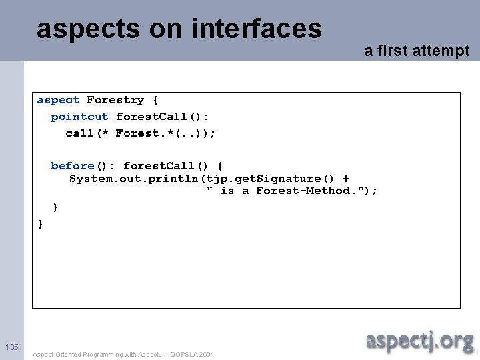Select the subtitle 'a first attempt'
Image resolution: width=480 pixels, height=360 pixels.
(417, 51)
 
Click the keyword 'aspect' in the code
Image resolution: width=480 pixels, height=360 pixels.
(58, 100)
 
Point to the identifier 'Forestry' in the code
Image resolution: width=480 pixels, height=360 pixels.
(115, 100)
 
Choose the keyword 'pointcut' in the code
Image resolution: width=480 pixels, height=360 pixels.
(79, 117)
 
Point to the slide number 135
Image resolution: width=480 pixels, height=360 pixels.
(11, 347)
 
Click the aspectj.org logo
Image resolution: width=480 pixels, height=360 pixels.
(419, 341)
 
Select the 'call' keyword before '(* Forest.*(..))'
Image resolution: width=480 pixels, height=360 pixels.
(79, 133)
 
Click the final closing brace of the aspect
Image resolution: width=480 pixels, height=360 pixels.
(41, 224)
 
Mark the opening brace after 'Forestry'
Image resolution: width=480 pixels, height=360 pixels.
(155, 100)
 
